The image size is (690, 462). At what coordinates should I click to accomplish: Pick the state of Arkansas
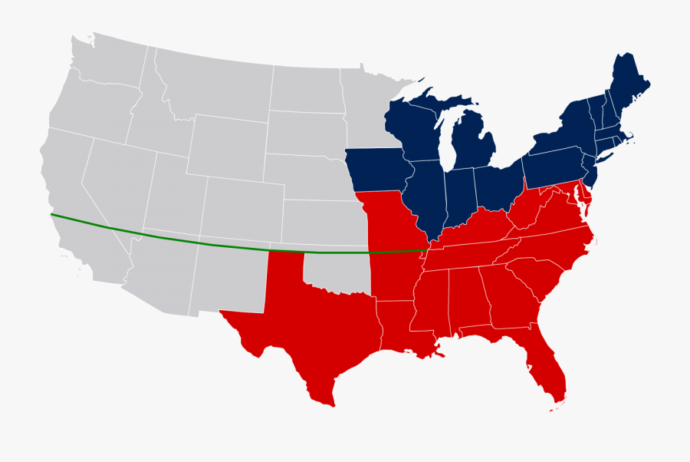point(395,272)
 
